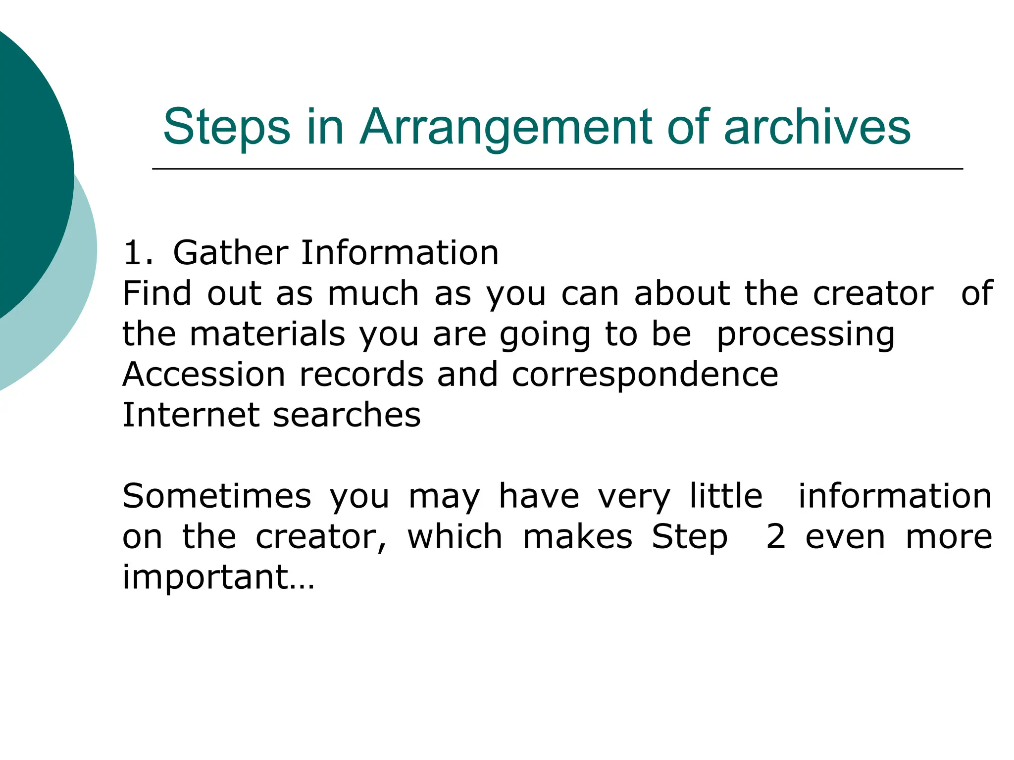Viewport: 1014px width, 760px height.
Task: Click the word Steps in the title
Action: pyautogui.click(x=226, y=128)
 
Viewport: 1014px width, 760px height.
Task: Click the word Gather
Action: pyautogui.click(x=230, y=253)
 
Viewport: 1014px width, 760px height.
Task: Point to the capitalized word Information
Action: pyautogui.click(x=400, y=253)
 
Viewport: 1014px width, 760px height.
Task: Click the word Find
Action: pyautogui.click(x=156, y=293)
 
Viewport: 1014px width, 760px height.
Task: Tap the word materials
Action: pyautogui.click(x=267, y=334)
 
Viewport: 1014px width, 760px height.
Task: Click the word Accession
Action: pyautogui.click(x=203, y=375)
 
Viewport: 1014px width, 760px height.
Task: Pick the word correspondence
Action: pyautogui.click(x=645, y=376)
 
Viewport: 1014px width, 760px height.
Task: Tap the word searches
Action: pyautogui.click(x=347, y=415)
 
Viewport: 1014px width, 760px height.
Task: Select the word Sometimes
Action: pyautogui.click(x=217, y=496)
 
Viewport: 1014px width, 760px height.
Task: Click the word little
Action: pyautogui.click(x=726, y=496)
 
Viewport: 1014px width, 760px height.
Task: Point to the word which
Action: pyautogui.click(x=455, y=537)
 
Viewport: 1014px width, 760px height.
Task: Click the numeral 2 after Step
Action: pyautogui.click(x=775, y=537)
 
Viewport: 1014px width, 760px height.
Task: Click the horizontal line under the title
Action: pyautogui.click(x=557, y=169)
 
